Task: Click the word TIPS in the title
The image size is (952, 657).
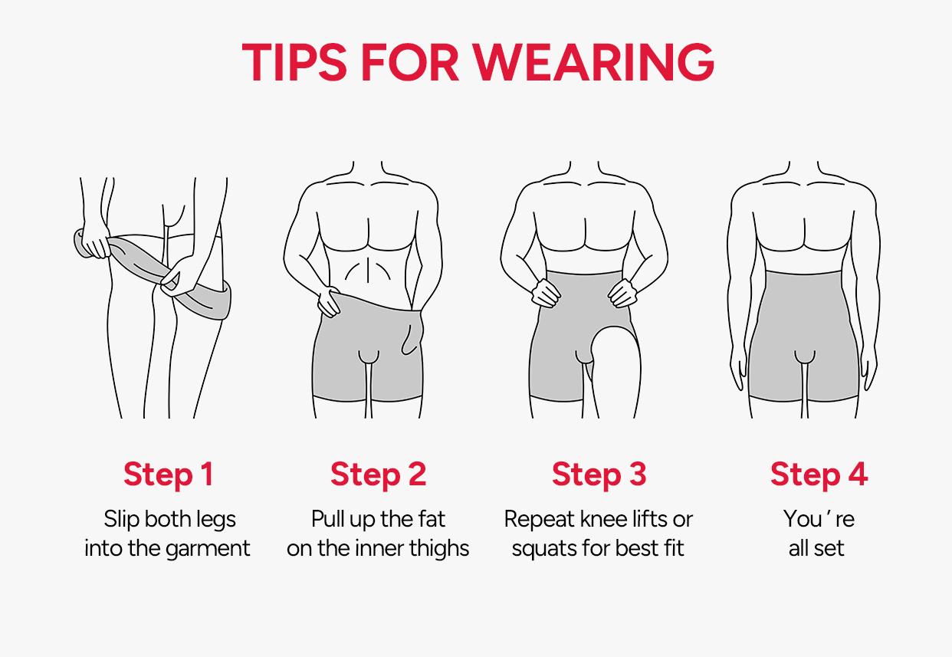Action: (294, 62)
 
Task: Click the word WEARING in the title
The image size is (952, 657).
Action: (594, 62)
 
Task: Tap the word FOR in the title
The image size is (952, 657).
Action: (410, 62)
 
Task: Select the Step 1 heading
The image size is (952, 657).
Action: (169, 475)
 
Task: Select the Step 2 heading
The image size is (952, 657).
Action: (378, 475)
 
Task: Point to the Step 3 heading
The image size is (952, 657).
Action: (599, 475)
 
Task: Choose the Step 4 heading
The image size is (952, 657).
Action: (819, 475)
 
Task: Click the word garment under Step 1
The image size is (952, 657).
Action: (208, 549)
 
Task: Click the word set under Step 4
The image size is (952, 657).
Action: (829, 549)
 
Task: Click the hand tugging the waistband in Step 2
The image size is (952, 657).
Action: (329, 301)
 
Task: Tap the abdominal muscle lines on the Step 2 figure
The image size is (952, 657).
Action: (368, 271)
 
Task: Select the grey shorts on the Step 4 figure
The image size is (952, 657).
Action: (804, 337)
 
